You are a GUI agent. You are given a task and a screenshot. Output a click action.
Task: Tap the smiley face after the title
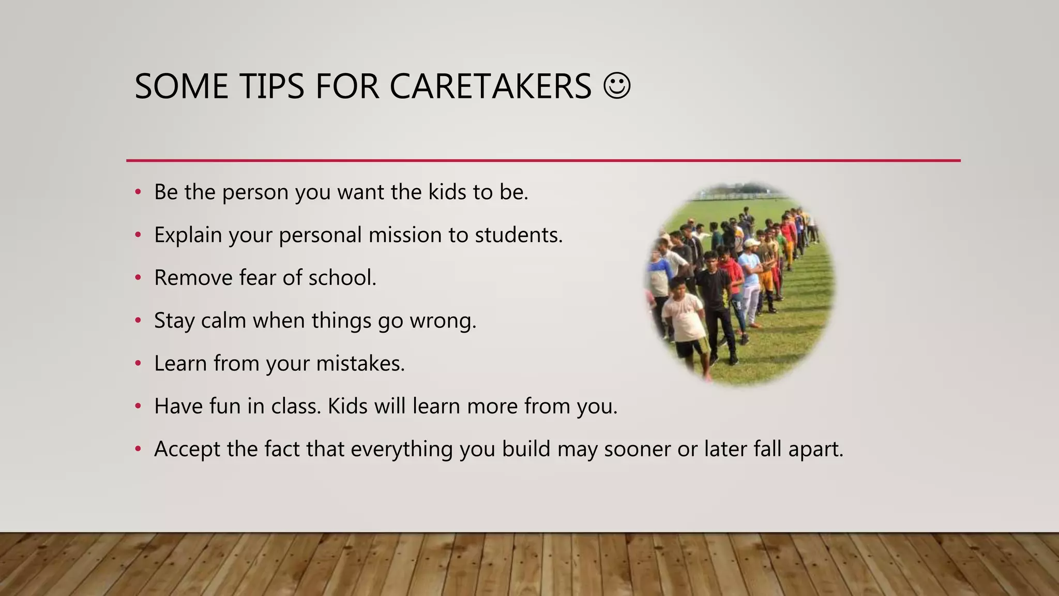pos(617,85)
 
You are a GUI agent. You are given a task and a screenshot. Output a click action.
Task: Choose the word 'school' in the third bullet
pos(341,278)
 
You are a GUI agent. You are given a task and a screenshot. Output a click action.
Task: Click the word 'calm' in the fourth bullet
pos(223,321)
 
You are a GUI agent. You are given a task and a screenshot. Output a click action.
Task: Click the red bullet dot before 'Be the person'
pos(138,192)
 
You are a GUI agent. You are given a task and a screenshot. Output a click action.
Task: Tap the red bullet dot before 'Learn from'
pos(138,364)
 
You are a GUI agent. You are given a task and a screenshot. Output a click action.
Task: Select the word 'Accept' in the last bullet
pos(187,449)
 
